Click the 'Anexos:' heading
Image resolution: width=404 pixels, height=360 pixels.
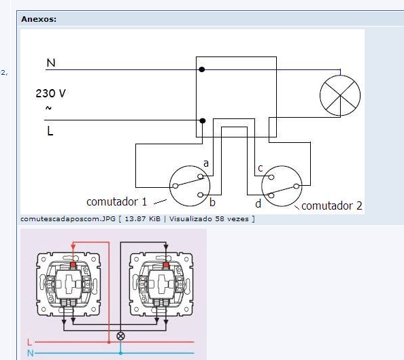[39, 19]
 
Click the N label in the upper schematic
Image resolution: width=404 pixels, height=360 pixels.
[51, 63]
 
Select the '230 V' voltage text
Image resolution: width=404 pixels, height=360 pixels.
[51, 93]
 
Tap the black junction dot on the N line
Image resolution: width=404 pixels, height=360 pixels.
[202, 69]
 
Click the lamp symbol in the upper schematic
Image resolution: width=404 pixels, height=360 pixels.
[340, 95]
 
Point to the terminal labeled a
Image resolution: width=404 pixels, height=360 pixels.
[201, 176]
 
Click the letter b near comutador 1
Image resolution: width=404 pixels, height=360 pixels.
[212, 202]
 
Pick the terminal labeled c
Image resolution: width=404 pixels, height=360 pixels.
[271, 177]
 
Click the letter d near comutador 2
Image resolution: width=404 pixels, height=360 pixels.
[258, 203]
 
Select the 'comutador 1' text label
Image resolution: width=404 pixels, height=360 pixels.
[116, 201]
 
